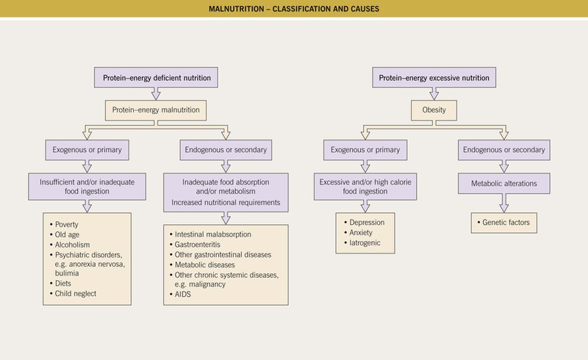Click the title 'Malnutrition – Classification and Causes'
tap(293, 8)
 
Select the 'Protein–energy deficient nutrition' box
tap(152, 77)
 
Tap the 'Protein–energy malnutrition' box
tap(152, 112)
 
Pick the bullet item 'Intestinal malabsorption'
tap(213, 234)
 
